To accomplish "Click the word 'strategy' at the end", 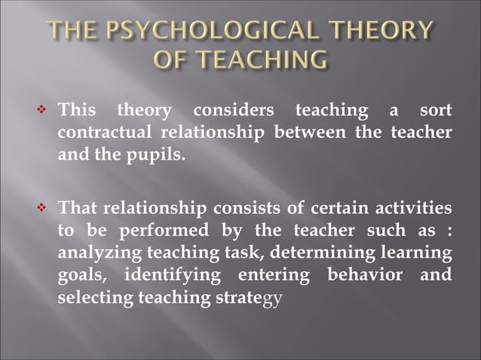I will (x=250, y=295).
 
